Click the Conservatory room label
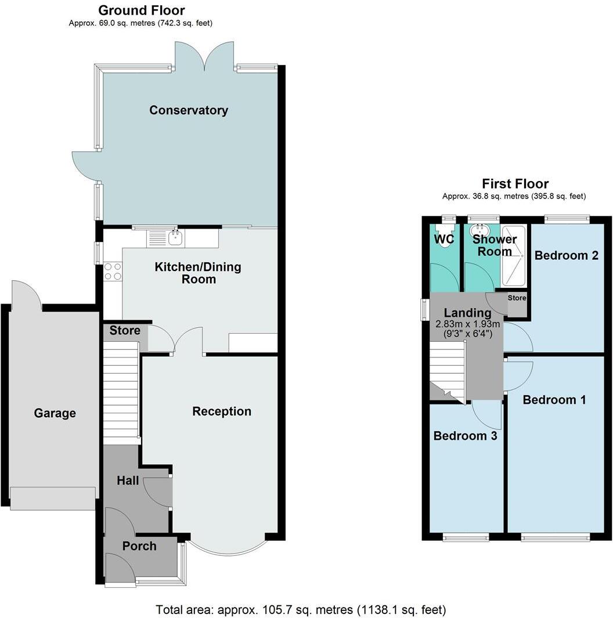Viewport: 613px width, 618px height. click(x=189, y=110)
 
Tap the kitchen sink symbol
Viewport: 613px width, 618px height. click(x=174, y=237)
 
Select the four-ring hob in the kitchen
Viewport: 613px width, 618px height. click(x=113, y=272)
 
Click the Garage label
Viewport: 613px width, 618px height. click(x=55, y=413)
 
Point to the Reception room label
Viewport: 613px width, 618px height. click(x=222, y=411)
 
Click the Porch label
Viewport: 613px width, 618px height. click(x=139, y=546)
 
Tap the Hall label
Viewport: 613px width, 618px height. click(x=128, y=480)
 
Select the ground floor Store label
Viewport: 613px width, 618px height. click(x=125, y=331)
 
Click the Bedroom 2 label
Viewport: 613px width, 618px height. click(x=566, y=255)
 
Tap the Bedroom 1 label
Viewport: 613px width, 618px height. click(x=554, y=400)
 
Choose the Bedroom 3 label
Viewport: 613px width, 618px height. click(x=465, y=436)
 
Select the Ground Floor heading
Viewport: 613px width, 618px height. click(x=142, y=10)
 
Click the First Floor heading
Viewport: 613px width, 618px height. click(x=515, y=184)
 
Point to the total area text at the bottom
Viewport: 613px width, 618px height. click(x=301, y=610)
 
